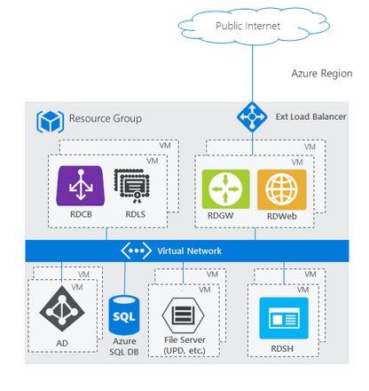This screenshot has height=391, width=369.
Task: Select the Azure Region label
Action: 323,77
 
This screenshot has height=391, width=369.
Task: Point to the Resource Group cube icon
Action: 49,118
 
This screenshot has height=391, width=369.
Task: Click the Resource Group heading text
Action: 105,118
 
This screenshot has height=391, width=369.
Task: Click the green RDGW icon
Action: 222,189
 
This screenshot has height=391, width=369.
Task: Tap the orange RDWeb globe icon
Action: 276,189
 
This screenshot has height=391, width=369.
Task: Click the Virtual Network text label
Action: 189,251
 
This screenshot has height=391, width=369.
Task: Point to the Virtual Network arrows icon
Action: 137,251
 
